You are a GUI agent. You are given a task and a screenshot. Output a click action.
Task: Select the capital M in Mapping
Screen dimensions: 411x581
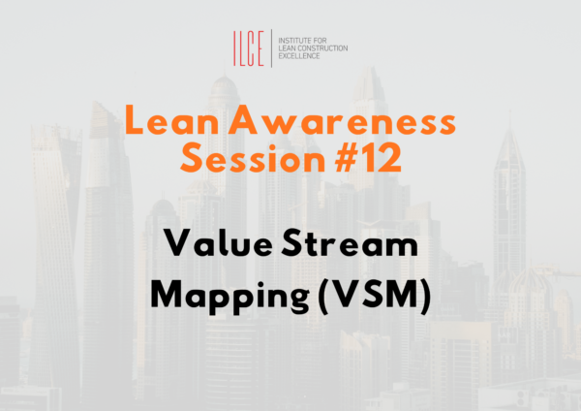click(x=171, y=294)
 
